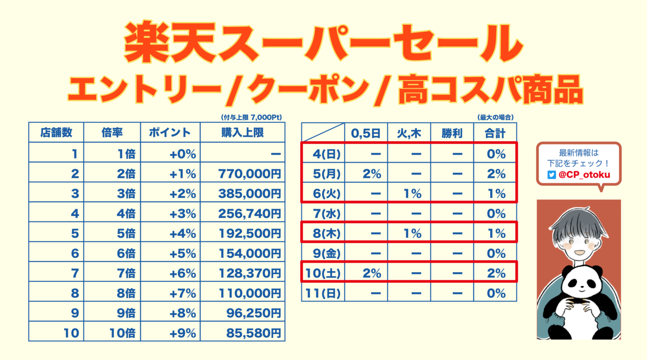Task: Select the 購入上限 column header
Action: (x=243, y=133)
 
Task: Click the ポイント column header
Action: (x=170, y=133)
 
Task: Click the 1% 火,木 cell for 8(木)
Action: (x=412, y=233)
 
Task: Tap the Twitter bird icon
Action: (x=551, y=175)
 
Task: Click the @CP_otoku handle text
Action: (x=581, y=175)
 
